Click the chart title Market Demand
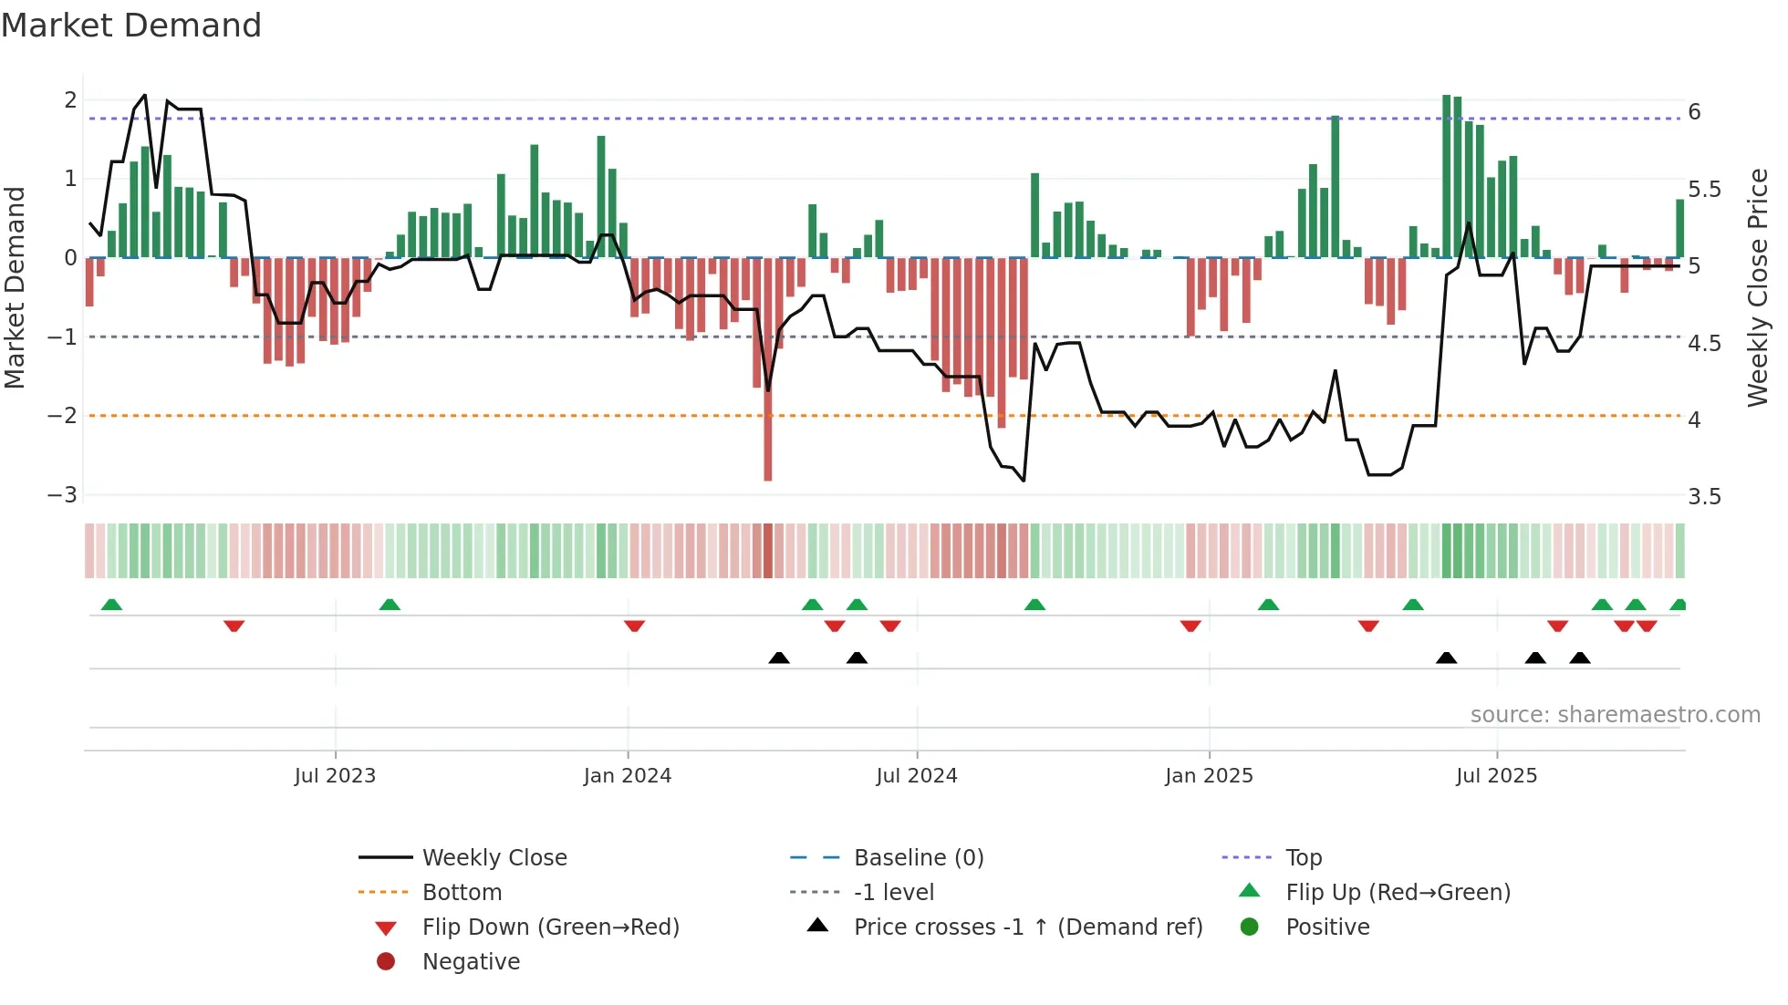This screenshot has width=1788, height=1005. click(x=131, y=26)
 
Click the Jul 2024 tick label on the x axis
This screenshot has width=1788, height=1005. click(x=916, y=776)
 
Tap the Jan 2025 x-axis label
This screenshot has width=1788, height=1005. click(x=1209, y=776)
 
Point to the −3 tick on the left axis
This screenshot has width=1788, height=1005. click(x=63, y=495)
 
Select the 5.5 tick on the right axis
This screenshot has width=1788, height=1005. click(x=1704, y=190)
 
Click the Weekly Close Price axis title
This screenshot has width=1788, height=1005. click(x=1757, y=287)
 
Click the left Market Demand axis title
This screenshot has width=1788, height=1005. click(x=16, y=287)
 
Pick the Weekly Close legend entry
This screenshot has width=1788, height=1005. click(x=494, y=858)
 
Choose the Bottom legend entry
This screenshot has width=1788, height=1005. click(x=462, y=893)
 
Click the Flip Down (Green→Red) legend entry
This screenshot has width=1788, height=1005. click(x=550, y=927)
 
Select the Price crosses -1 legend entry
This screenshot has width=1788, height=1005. click(x=1027, y=927)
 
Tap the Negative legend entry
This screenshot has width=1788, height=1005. click(x=471, y=962)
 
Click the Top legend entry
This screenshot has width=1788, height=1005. click(x=1303, y=858)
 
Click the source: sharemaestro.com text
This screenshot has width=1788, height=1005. click(x=1615, y=715)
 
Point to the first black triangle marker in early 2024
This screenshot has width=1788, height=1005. click(x=779, y=658)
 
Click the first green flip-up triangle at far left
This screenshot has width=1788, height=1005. click(x=111, y=605)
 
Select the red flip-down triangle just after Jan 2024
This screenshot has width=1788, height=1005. click(x=635, y=626)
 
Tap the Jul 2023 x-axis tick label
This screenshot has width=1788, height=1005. click(x=335, y=776)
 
